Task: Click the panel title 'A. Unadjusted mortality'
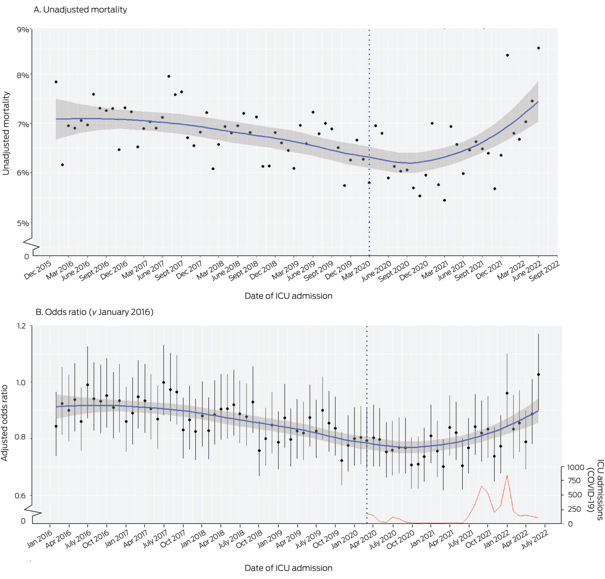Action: point(80,9)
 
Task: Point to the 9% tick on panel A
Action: point(23,30)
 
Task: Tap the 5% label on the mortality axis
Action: point(23,223)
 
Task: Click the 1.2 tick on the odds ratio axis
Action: point(22,326)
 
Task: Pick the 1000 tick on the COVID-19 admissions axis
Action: point(576,467)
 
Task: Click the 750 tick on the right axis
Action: point(574,480)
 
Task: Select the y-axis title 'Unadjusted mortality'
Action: point(6,133)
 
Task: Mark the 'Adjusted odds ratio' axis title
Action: point(5,423)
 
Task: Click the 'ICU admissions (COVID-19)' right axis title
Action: point(596,490)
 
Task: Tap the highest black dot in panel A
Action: point(539,48)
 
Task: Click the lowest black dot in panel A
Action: point(445,200)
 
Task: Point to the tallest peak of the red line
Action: point(507,475)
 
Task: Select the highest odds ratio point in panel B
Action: point(539,374)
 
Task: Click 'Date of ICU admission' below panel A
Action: point(288,296)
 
